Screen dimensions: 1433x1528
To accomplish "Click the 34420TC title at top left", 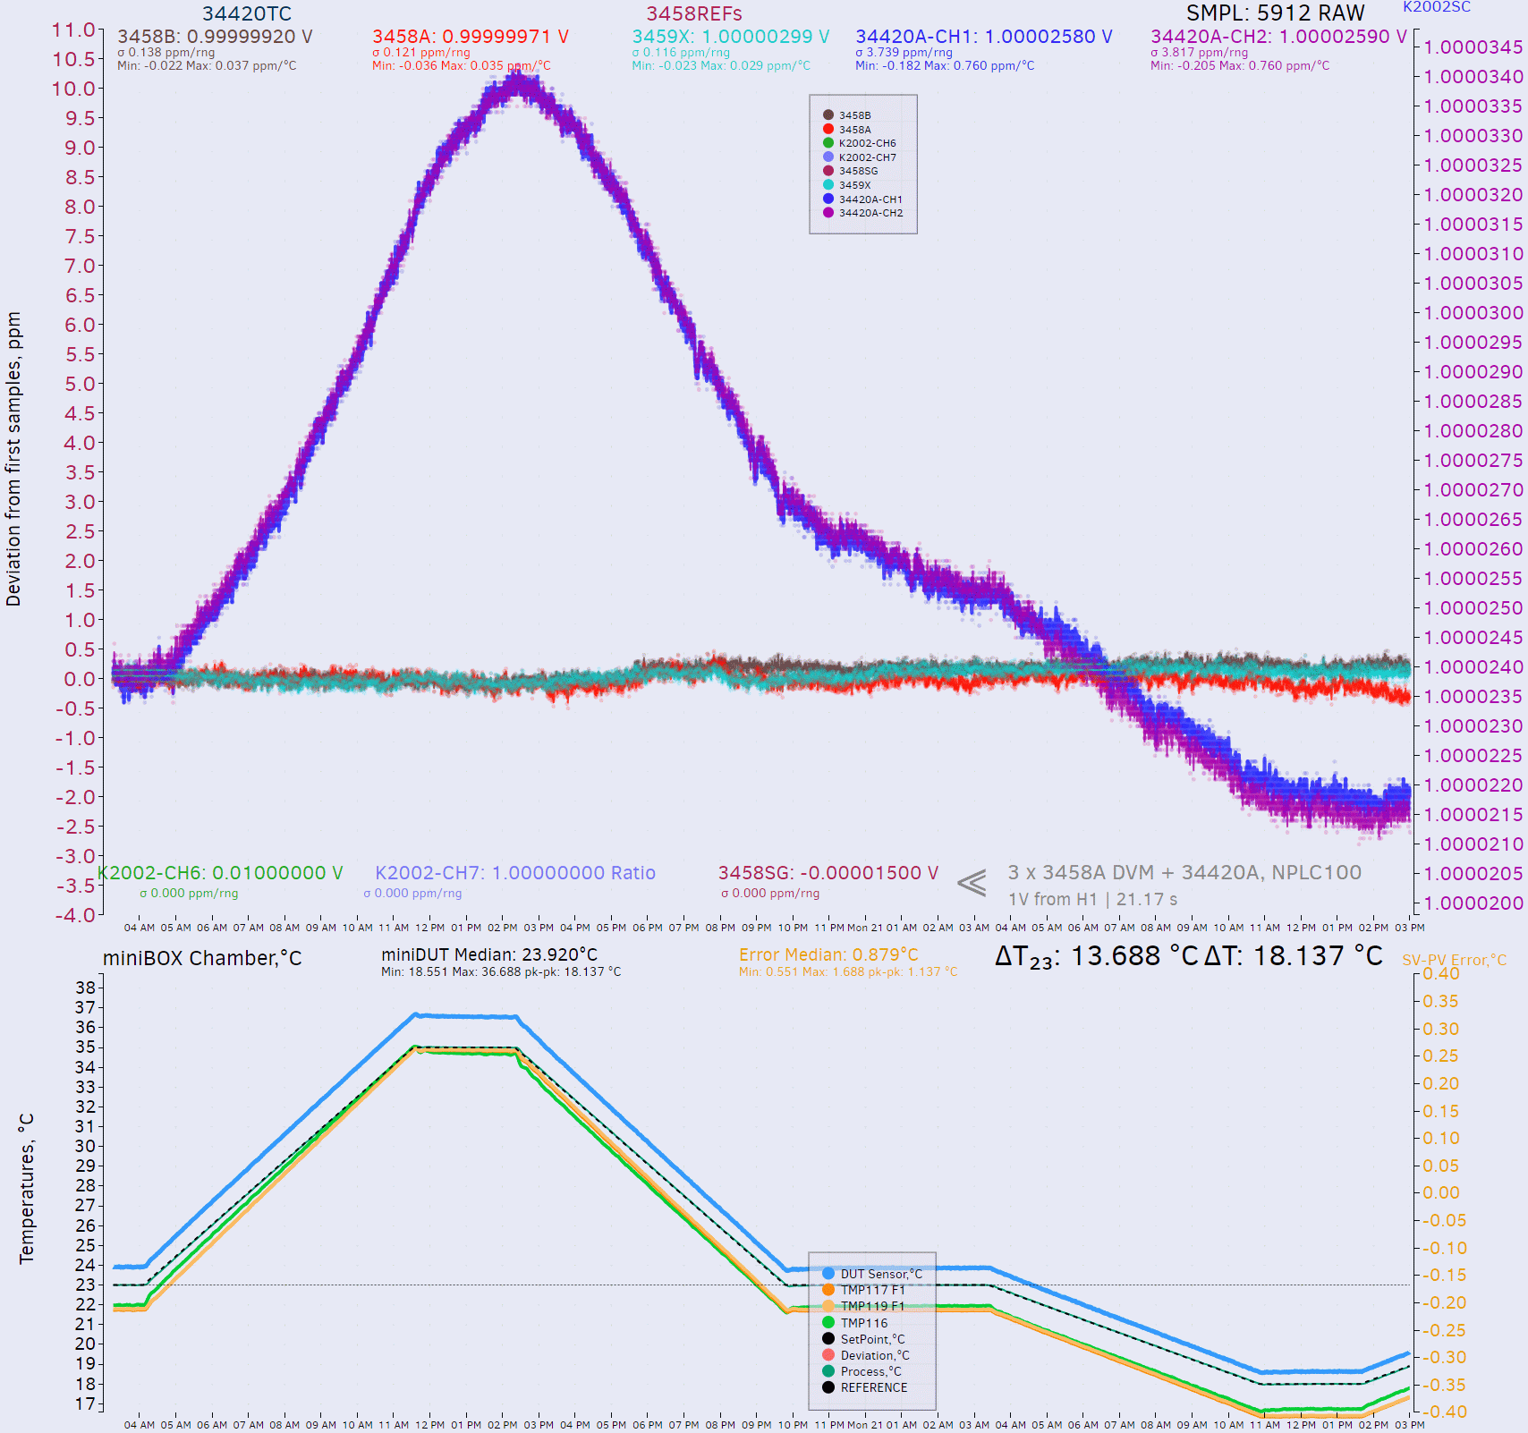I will (x=246, y=13).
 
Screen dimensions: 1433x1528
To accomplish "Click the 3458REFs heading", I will (x=693, y=13).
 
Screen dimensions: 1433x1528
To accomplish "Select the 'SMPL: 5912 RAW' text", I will (x=1275, y=13).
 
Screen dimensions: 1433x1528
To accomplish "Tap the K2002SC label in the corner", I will (x=1436, y=7).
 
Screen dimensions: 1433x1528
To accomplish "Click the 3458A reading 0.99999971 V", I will (x=470, y=37).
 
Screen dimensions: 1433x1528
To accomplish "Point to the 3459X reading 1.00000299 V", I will (x=730, y=37).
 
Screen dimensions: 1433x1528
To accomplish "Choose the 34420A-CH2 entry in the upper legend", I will (x=870, y=213).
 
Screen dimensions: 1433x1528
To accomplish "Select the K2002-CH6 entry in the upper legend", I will (x=866, y=143).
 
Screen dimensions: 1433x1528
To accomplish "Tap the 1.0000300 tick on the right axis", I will (x=1473, y=313).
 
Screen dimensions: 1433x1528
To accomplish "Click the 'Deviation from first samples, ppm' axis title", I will (x=13, y=459).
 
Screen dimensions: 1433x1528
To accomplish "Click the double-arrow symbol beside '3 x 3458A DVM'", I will (x=972, y=883).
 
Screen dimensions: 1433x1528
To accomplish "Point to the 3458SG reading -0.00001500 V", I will (x=828, y=873).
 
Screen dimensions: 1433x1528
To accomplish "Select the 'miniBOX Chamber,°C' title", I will (x=202, y=958).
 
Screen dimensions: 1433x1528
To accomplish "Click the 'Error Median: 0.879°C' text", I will (x=828, y=954).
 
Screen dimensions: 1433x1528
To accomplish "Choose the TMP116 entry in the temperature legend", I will (x=863, y=1323).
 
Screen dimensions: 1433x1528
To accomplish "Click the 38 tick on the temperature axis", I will (x=85, y=988).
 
